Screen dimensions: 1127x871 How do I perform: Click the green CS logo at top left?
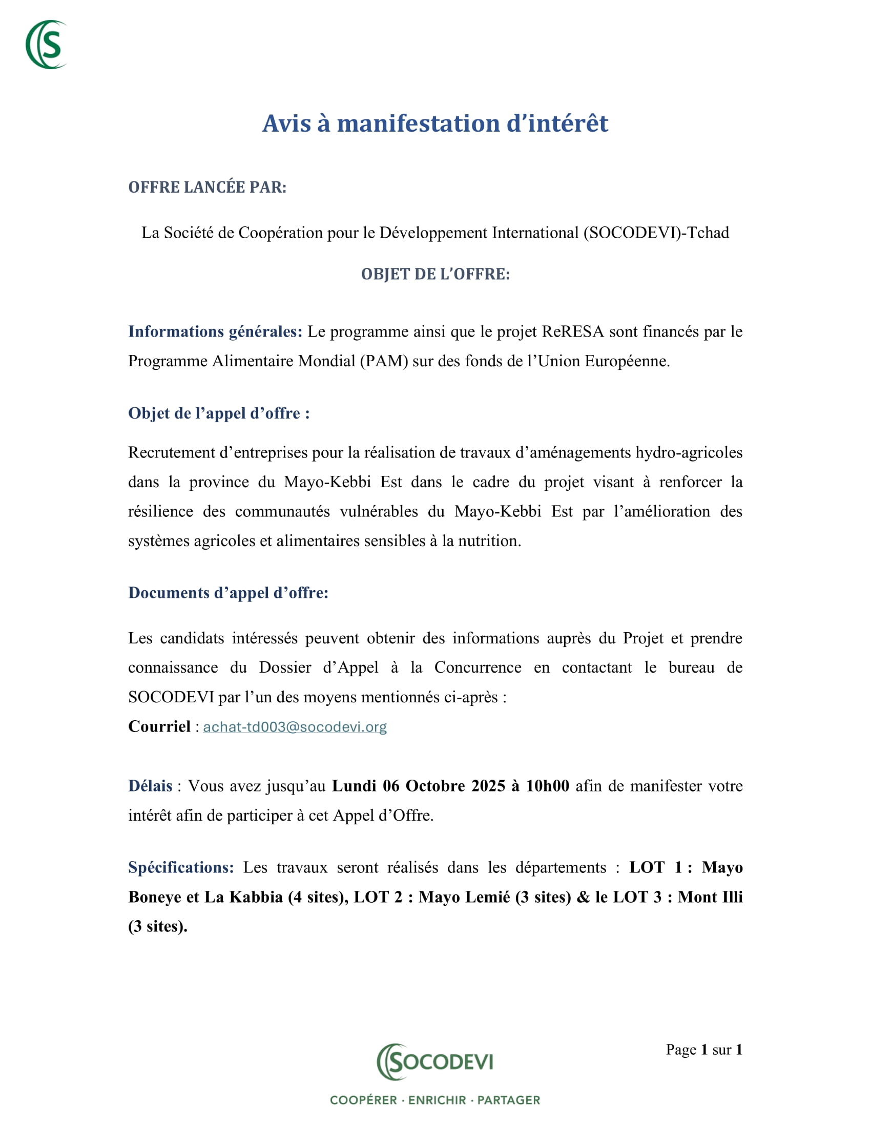(47, 45)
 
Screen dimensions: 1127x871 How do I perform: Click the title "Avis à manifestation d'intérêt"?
(435, 123)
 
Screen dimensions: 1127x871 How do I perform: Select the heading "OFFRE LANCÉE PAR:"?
(207, 187)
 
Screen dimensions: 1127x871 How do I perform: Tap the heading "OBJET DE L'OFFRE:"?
(435, 274)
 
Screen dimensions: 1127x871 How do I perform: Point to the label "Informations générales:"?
(215, 331)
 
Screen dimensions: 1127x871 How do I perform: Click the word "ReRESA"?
(572, 331)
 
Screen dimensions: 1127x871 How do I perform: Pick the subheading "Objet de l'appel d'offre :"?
(219, 413)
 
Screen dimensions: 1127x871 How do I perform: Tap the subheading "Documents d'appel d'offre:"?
(228, 593)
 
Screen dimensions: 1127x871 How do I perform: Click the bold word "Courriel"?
(159, 726)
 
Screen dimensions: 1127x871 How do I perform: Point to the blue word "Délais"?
(150, 786)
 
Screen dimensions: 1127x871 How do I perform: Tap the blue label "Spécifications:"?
(181, 867)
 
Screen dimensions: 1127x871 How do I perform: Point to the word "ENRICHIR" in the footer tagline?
(437, 1100)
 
